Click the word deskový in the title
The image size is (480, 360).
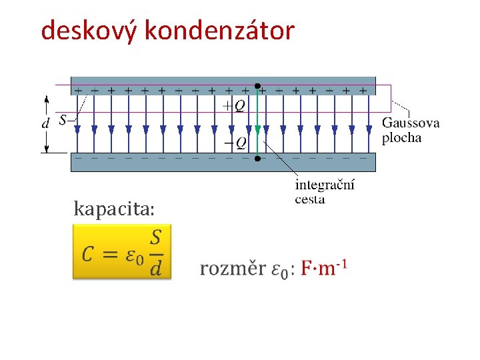[89, 30]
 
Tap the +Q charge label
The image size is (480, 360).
[235, 105]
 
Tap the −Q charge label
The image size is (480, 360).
[235, 142]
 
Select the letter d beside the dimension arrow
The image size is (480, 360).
[45, 123]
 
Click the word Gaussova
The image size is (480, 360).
[411, 123]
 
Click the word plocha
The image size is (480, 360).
[401, 138]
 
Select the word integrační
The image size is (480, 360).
[325, 185]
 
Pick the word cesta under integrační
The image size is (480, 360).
[310, 199]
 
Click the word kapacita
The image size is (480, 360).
[114, 210]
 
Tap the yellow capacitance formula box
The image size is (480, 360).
[121, 251]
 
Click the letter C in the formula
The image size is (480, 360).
[88, 254]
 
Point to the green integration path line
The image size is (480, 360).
[257, 120]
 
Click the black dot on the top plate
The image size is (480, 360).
[257, 85]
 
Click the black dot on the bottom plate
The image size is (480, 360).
[257, 158]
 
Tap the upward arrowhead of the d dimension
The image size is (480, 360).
[46, 99]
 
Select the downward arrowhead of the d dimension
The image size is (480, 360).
[46, 148]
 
